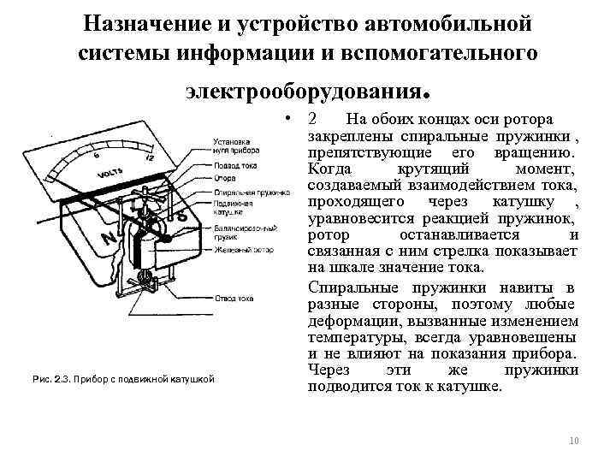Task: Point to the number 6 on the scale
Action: (97, 156)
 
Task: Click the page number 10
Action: (573, 441)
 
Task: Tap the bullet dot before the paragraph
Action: (292, 118)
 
